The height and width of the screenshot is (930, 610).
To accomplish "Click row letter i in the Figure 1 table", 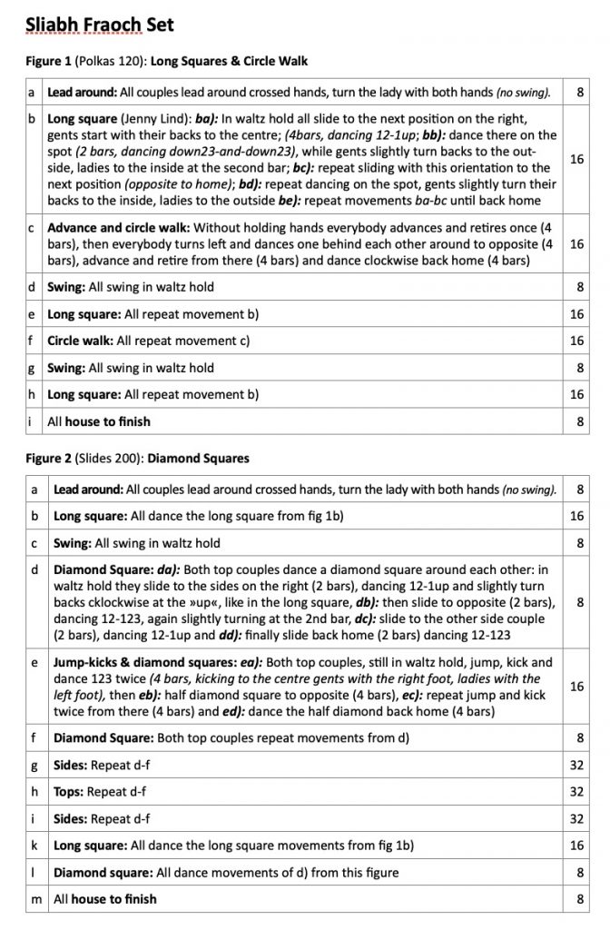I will pos(33,421).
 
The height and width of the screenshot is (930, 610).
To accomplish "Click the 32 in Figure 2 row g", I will pos(576,765).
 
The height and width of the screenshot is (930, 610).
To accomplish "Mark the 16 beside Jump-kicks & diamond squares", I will pos(576,687).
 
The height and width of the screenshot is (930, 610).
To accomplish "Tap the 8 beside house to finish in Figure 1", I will pos(579,421).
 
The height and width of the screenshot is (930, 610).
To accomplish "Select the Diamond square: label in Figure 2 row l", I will pos(102,873).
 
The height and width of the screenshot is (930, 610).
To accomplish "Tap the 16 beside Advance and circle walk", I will pos(576,244).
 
